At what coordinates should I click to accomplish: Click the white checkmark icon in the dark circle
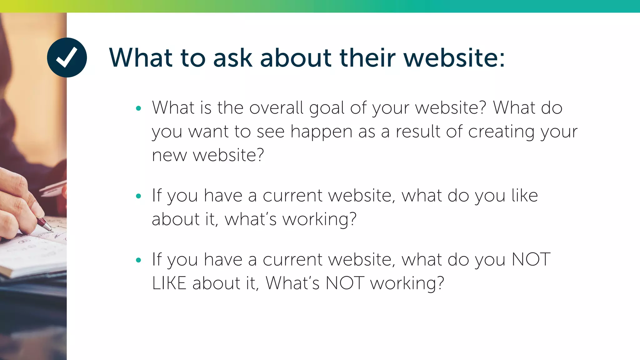(x=67, y=57)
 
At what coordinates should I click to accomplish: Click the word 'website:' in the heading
(x=454, y=58)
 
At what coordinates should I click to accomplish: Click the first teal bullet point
(x=139, y=109)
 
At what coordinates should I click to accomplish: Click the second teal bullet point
(x=139, y=196)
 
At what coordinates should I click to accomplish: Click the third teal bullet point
(x=139, y=260)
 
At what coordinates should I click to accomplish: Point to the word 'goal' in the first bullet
(x=327, y=108)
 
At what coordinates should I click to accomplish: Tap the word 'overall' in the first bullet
(x=276, y=108)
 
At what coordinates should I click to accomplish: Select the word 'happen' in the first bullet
(x=321, y=132)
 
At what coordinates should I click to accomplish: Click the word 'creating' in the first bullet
(x=501, y=132)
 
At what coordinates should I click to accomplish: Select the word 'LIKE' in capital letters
(x=169, y=283)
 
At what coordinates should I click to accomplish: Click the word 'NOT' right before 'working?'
(x=345, y=283)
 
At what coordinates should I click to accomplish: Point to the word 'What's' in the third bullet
(x=292, y=283)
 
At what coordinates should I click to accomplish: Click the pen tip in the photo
(x=50, y=230)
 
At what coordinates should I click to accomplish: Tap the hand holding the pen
(x=19, y=206)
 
